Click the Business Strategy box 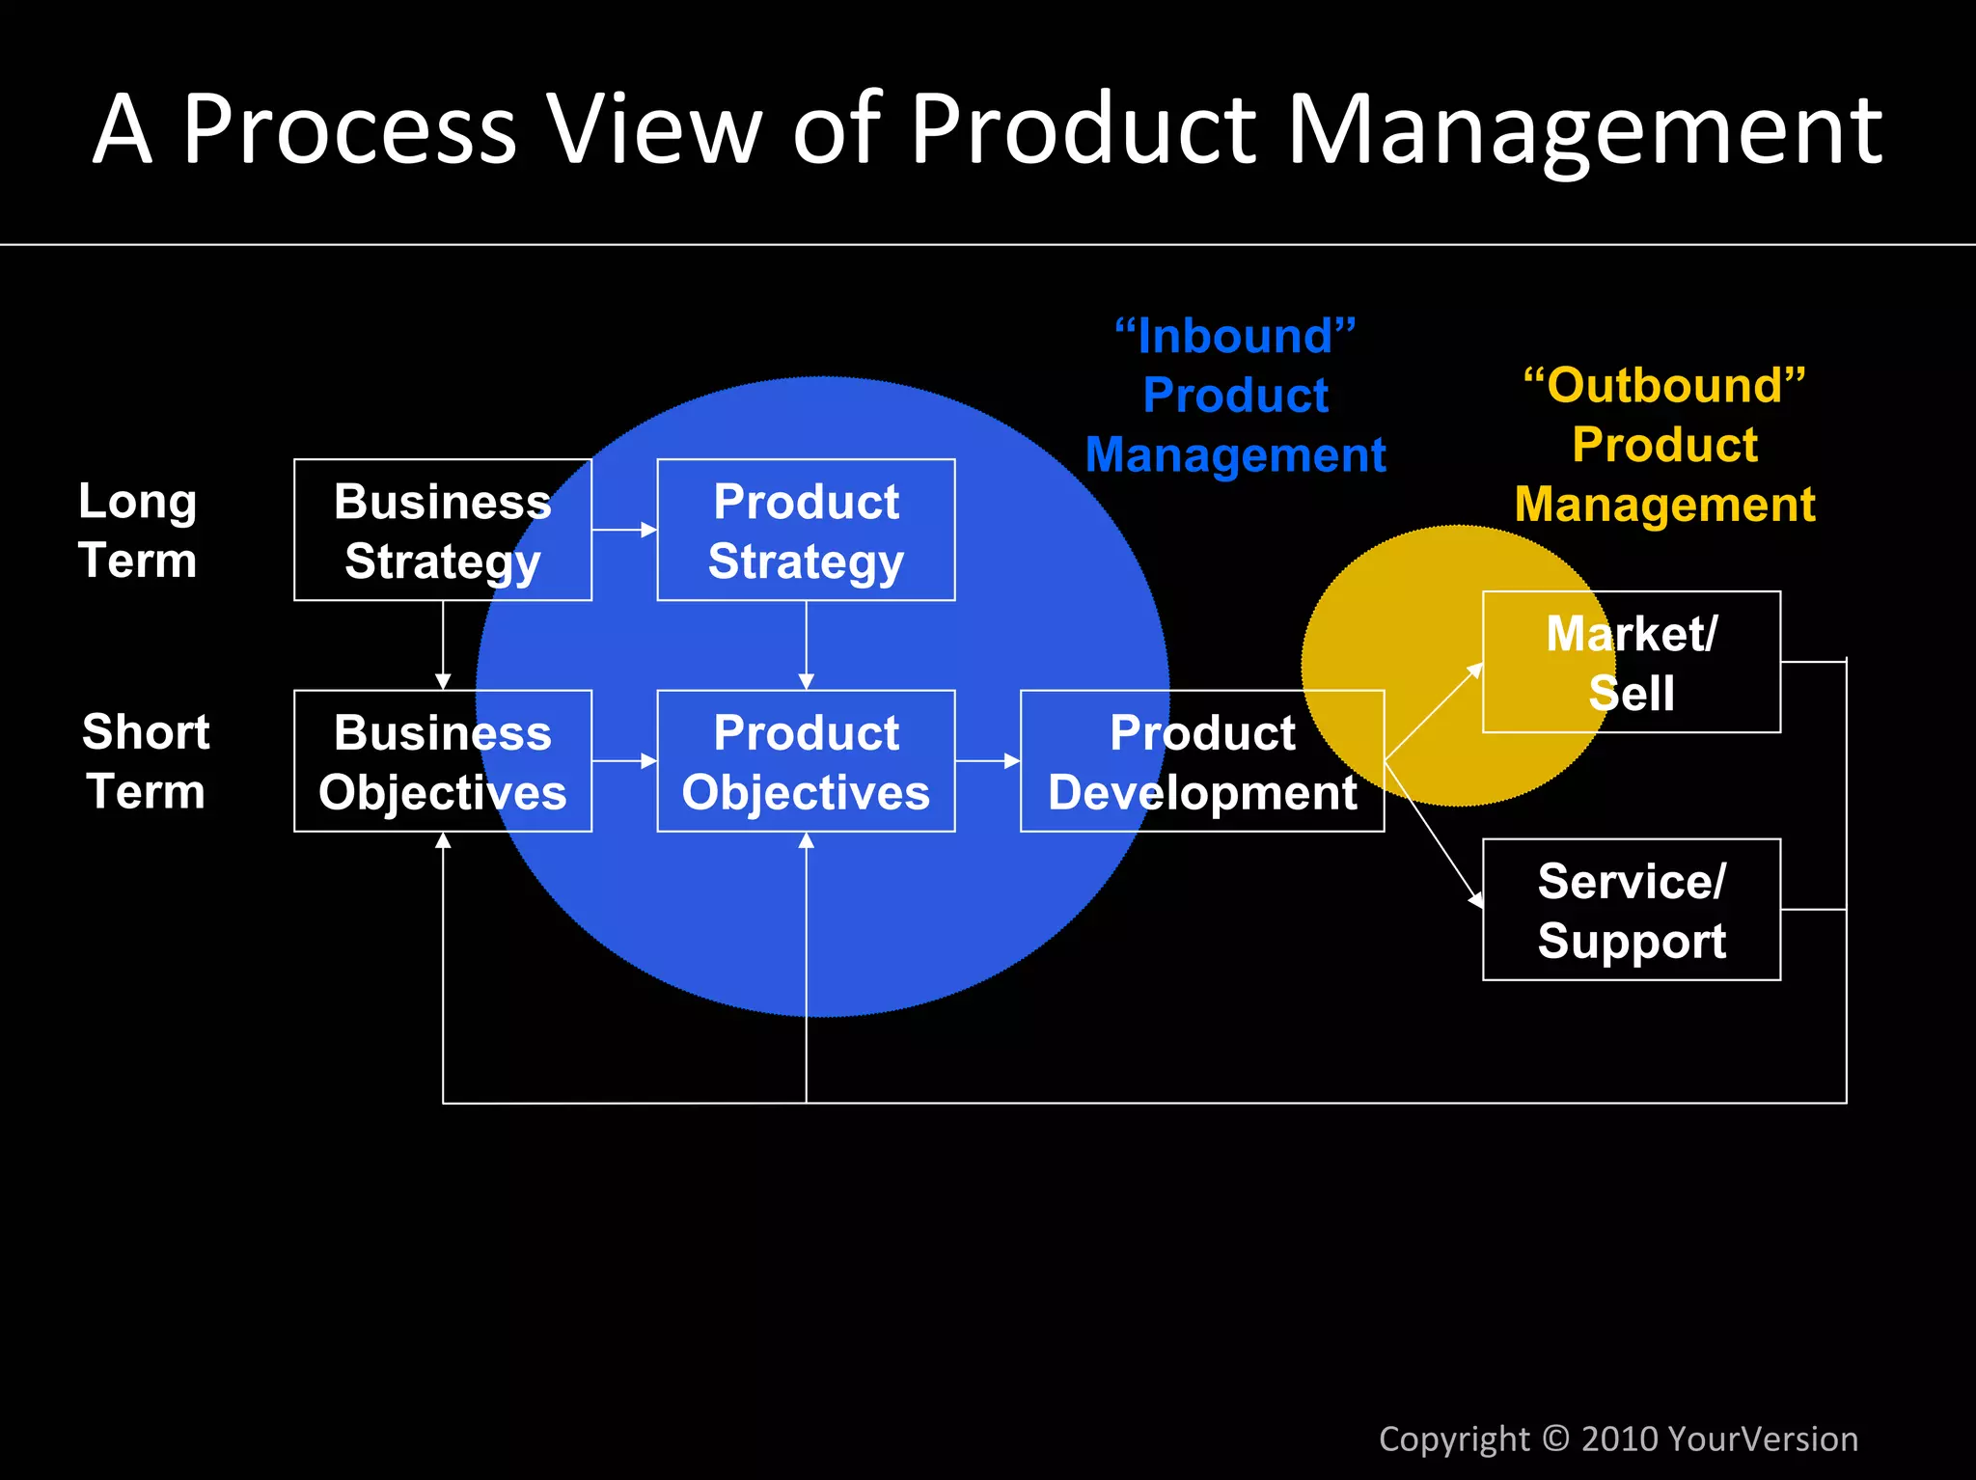point(443,530)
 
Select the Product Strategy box point(806,530)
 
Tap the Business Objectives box point(443,760)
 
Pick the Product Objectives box point(806,760)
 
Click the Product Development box point(1202,760)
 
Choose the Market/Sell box point(1631,662)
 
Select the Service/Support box point(1631,909)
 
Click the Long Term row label point(137,530)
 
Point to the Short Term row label point(145,760)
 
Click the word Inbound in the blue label point(1235,337)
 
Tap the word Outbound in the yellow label point(1664,386)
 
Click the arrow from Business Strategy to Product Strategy point(624,530)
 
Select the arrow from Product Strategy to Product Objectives point(806,644)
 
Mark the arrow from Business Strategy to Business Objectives point(443,644)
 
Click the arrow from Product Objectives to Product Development point(987,760)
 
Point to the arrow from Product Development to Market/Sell point(1434,712)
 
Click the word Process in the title point(349,129)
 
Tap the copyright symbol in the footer point(1555,1439)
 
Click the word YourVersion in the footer point(1762,1439)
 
